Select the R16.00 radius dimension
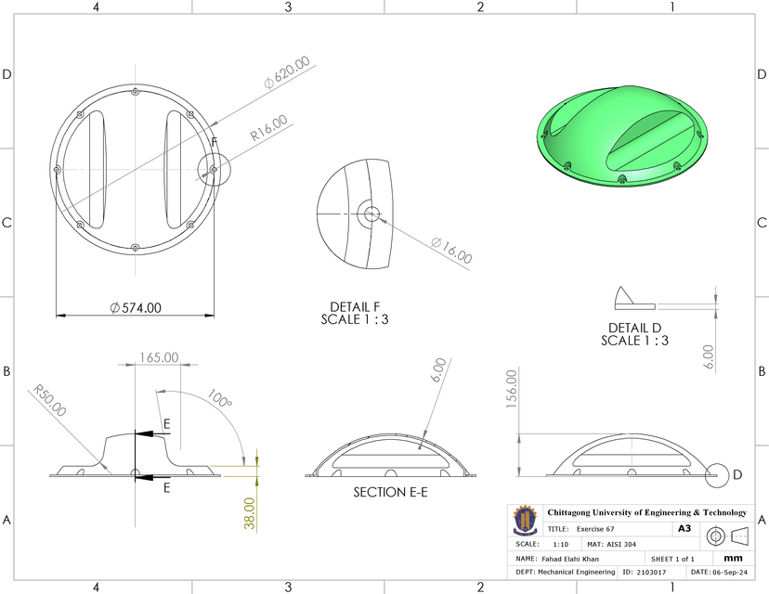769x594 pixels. click(268, 129)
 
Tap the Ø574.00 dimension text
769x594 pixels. click(136, 307)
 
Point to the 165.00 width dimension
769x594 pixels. click(159, 356)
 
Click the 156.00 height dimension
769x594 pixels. click(510, 390)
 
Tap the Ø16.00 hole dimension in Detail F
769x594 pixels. click(451, 251)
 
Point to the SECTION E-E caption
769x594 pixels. click(390, 492)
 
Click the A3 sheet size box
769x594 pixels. click(684, 528)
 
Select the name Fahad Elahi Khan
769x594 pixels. click(570, 559)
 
